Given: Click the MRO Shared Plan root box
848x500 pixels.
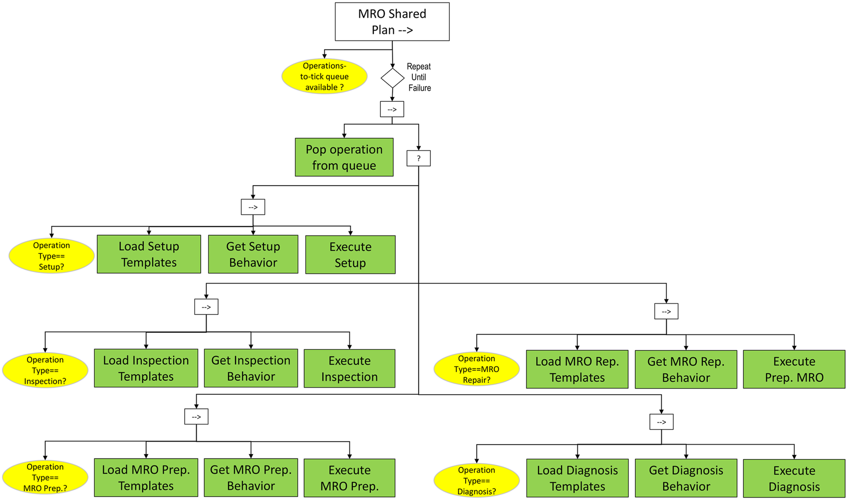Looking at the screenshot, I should tap(392, 22).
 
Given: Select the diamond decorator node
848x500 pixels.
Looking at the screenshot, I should tap(392, 78).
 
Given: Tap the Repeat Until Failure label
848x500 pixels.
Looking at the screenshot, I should tap(419, 77).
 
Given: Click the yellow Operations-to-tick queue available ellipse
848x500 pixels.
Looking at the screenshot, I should tap(324, 76).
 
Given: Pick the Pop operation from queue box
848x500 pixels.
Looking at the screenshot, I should tap(344, 157).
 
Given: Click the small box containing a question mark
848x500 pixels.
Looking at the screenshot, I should tap(418, 158).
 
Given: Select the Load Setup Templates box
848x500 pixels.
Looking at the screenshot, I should tap(149, 254).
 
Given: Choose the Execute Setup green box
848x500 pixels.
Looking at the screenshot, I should tap(350, 254).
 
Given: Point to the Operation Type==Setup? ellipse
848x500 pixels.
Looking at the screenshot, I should tap(51, 256).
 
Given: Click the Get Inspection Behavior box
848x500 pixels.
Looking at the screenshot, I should tap(251, 368).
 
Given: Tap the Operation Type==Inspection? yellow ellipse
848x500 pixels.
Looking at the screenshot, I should tap(45, 370).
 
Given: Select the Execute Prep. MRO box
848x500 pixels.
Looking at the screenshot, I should tap(794, 369).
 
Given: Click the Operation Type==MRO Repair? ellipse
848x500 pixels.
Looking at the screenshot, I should tap(477, 369).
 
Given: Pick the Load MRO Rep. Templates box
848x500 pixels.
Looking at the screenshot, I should tap(577, 369).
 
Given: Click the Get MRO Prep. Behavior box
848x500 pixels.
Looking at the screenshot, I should tap(251, 478).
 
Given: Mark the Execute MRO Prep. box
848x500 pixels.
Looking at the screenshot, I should tap(349, 478).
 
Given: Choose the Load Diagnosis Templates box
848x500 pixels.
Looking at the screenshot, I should tap(577, 478).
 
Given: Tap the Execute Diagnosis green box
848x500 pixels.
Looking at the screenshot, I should tap(794, 478).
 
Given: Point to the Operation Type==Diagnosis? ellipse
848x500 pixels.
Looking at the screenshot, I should tap(477, 481).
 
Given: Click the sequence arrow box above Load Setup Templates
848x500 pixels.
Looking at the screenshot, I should tap(253, 207).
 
